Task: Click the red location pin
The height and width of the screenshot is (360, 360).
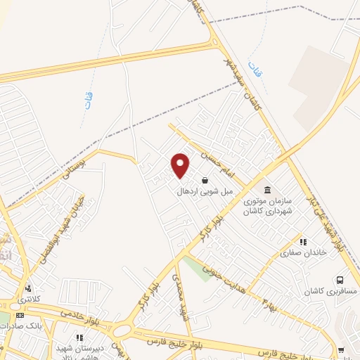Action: coord(181,165)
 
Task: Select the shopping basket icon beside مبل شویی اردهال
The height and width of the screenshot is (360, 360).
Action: coord(205,180)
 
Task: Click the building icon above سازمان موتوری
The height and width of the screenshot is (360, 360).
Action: coord(267,190)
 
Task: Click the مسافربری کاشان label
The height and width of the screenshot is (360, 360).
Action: coord(330,290)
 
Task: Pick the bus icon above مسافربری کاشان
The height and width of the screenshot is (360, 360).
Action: coord(340,280)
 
